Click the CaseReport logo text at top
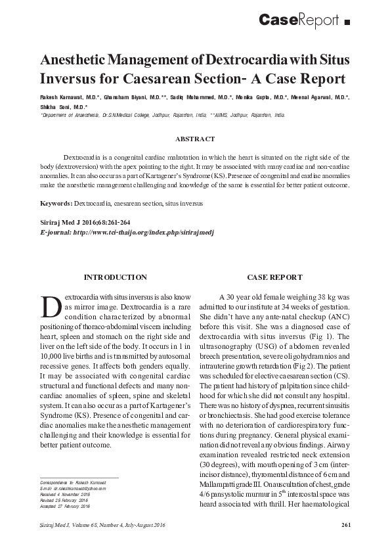299,20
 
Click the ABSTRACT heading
195,139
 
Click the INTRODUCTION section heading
116,277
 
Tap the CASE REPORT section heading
274,277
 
